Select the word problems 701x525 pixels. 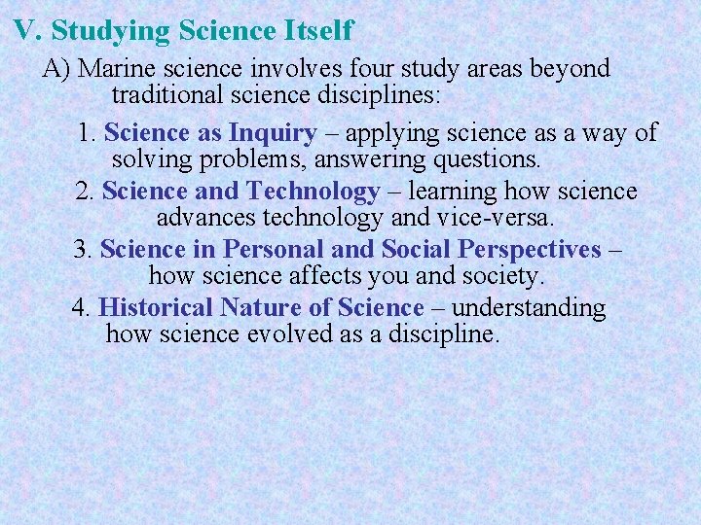click(x=259, y=158)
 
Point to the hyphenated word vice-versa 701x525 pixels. click(x=498, y=217)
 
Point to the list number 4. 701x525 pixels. click(x=82, y=308)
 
